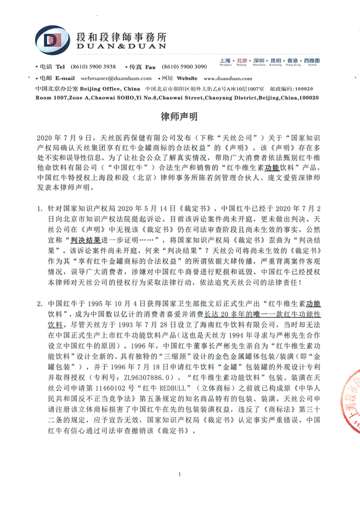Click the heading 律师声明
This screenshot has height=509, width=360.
[x=179, y=117]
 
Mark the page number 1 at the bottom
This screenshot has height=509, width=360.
[x=179, y=476]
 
